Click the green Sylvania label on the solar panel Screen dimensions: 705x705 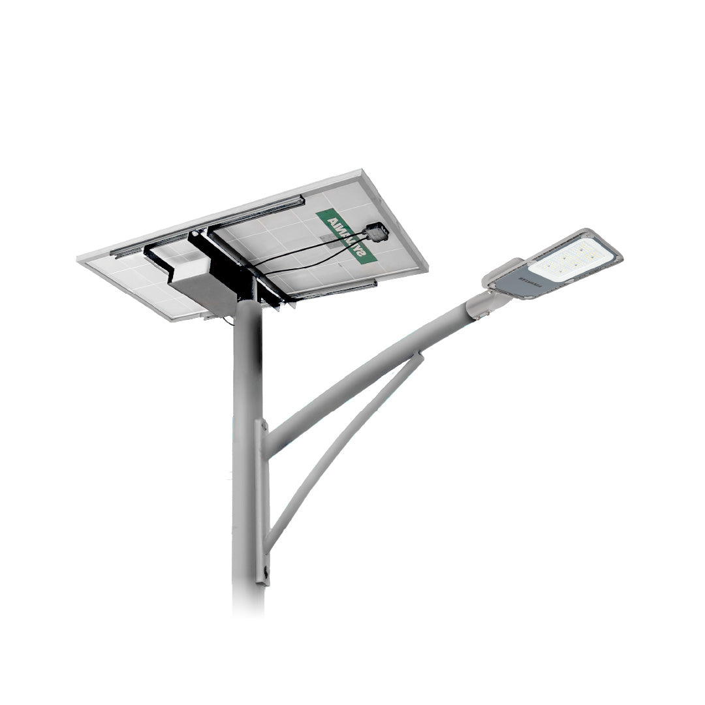point(346,236)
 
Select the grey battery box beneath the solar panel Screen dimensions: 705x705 point(201,287)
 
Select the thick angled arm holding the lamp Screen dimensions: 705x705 point(366,379)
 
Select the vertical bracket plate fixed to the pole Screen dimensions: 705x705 point(264,496)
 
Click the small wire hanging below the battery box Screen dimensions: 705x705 point(228,321)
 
